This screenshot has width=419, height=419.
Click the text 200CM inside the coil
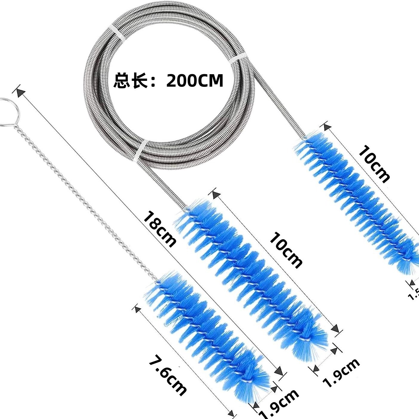(x=195, y=81)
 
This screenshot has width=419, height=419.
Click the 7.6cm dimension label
(x=168, y=376)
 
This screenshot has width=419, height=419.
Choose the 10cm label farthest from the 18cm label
(x=374, y=163)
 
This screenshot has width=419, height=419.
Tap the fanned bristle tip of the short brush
(x=251, y=389)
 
